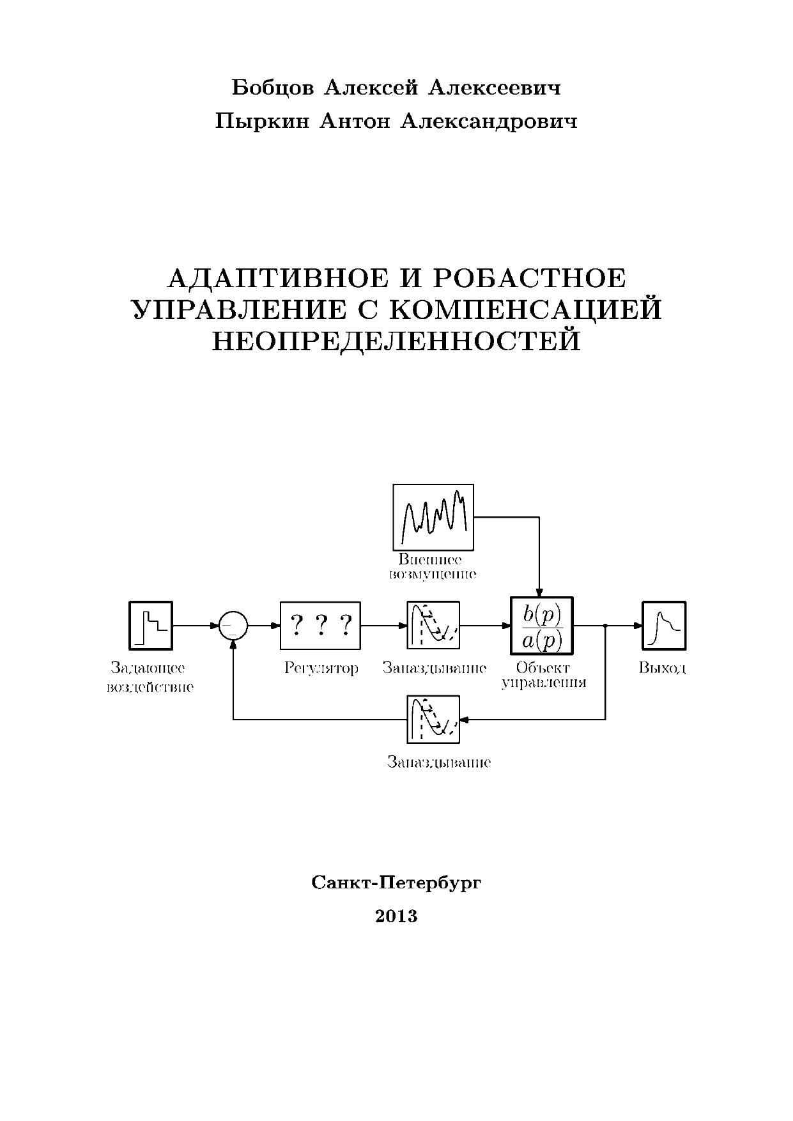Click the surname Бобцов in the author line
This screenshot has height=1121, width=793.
click(272, 88)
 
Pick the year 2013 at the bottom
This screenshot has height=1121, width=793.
click(396, 916)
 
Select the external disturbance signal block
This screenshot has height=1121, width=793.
click(433, 517)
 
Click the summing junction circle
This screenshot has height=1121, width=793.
click(233, 626)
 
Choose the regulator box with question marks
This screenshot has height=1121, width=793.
click(320, 625)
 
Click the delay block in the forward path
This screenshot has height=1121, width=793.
click(433, 625)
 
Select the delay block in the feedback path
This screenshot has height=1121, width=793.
click(433, 720)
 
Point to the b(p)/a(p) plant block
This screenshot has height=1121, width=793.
click(541, 625)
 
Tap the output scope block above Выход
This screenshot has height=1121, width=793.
click(664, 625)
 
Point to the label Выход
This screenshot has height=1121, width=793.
click(663, 669)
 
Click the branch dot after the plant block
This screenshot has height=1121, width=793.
click(605, 626)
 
